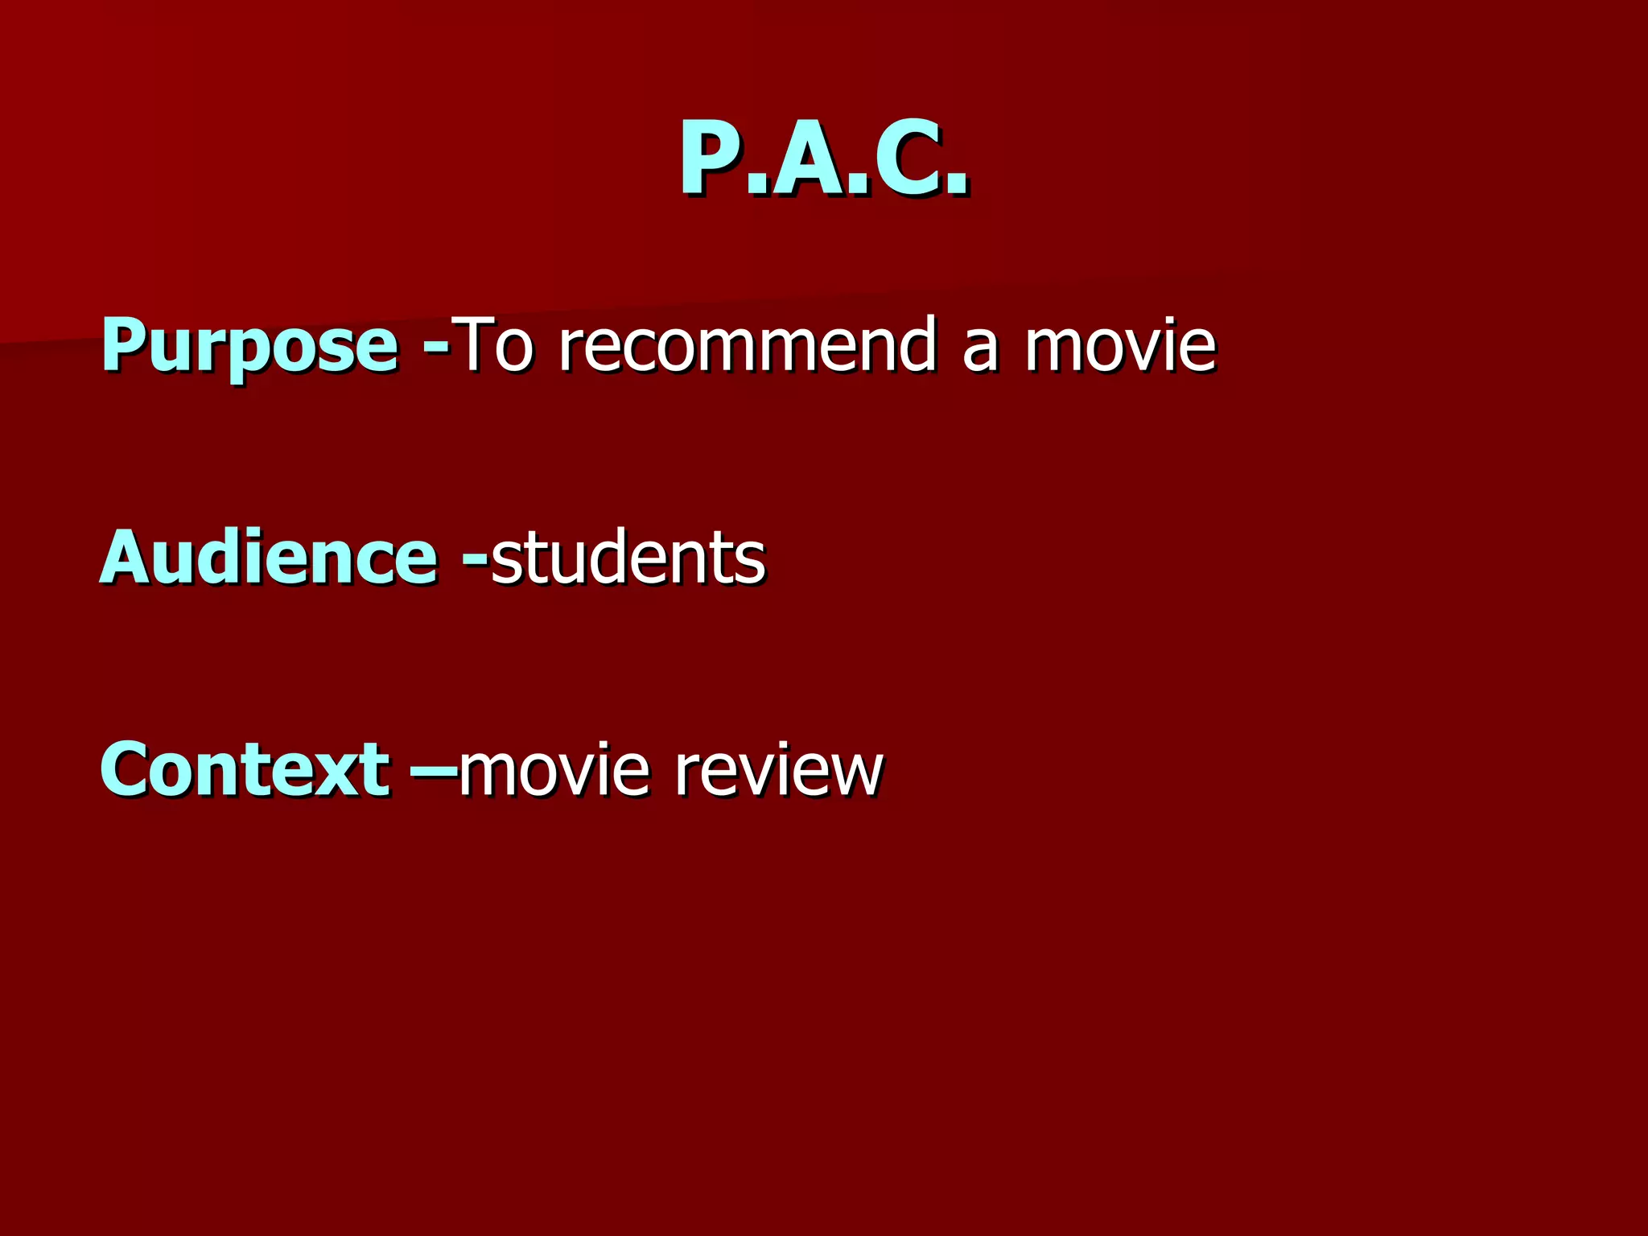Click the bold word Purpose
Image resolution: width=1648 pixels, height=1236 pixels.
click(249, 346)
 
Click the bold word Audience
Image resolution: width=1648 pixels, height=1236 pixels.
click(269, 557)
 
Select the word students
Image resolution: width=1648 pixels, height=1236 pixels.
click(628, 557)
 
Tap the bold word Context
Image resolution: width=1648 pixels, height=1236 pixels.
click(245, 769)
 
